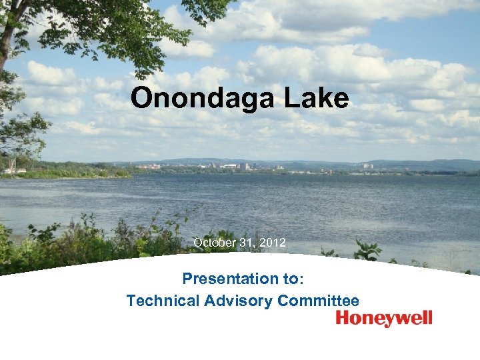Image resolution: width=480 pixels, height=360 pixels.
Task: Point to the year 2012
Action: point(273,243)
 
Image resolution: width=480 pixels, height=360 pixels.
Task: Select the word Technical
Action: point(163,301)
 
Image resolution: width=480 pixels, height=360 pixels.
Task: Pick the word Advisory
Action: point(237,301)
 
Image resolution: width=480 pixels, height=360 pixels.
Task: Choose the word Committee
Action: point(318,301)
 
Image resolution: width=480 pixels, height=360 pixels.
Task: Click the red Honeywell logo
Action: point(384,319)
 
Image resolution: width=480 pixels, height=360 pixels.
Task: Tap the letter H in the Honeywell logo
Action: point(343,318)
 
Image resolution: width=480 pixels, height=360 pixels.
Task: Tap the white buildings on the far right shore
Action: point(367,165)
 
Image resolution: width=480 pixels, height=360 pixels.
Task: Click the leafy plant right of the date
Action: point(365,252)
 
